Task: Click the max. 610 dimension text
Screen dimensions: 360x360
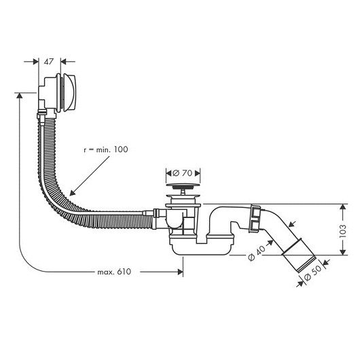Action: point(113,272)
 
